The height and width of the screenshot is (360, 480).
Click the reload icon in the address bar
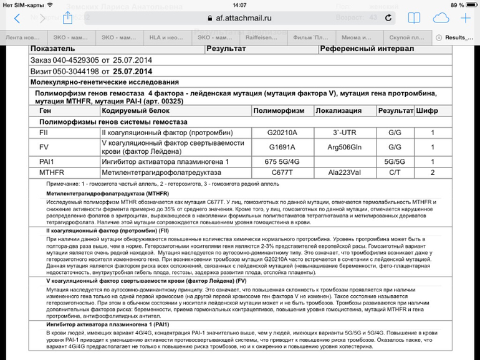pyautogui.click(x=389, y=18)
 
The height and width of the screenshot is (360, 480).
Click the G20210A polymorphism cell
pyautogui.click(x=282, y=133)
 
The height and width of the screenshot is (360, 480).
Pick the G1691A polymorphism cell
pyautogui.click(x=282, y=148)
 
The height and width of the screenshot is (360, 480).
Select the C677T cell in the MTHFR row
pyautogui.click(x=282, y=173)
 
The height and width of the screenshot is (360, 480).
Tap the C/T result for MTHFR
pyautogui.click(x=394, y=173)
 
